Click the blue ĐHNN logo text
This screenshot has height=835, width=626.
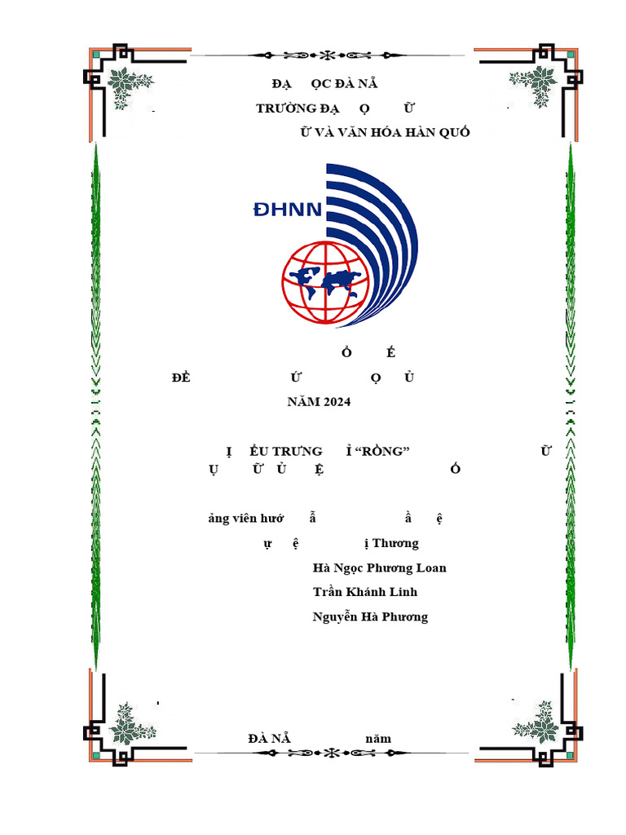coord(288,210)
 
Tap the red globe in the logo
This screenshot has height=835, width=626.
coord(326,282)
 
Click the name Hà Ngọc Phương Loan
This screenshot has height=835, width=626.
coord(379,568)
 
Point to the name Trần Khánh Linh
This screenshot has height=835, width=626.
coord(364,592)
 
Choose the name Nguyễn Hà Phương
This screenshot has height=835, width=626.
coord(370,616)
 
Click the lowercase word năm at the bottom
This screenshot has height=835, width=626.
coord(378,739)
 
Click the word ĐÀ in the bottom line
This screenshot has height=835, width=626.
coord(258,739)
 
